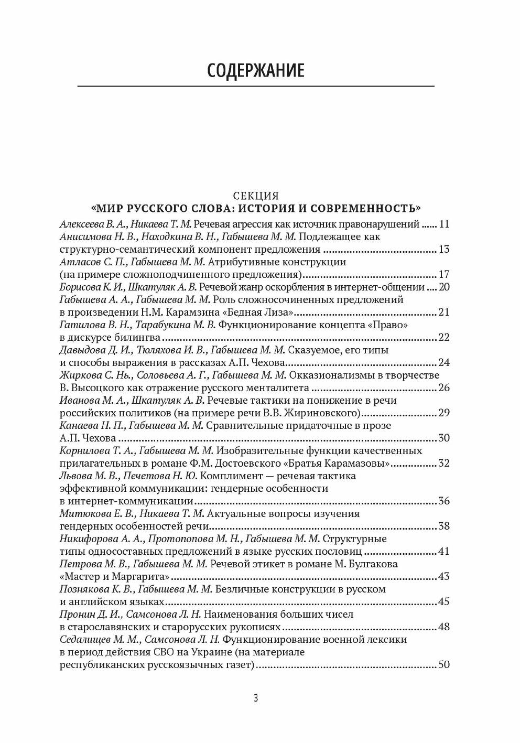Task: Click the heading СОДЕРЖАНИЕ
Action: point(255,70)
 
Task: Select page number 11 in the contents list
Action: point(444,224)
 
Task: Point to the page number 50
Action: point(443,665)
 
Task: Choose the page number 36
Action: point(443,501)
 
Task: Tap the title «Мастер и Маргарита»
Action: point(115,577)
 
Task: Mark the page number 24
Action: point(443,363)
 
